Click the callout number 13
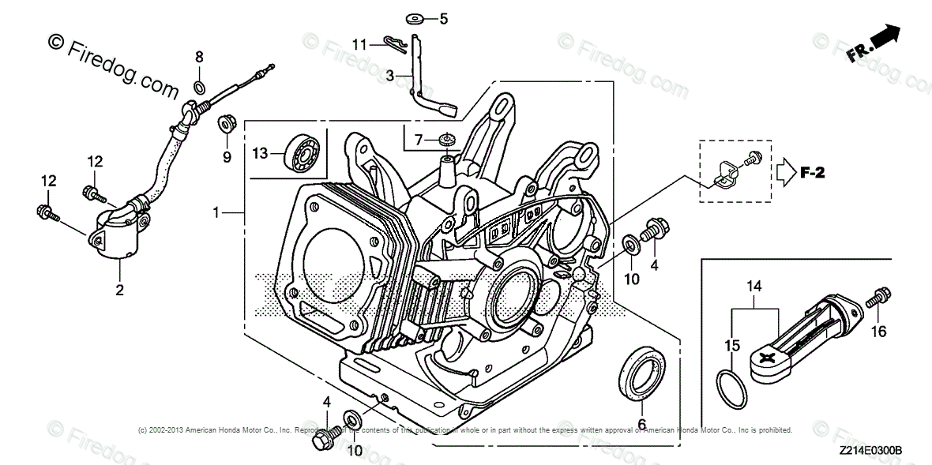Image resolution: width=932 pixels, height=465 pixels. coord(261,152)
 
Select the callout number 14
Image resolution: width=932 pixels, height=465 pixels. coord(754,287)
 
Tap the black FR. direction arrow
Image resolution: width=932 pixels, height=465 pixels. coord(887,35)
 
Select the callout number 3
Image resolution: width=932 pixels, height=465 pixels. coord(390,76)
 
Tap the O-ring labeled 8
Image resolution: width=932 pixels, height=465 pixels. coord(200,86)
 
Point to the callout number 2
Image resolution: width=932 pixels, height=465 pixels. coord(120,291)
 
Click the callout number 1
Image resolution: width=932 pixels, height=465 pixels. coord(216,212)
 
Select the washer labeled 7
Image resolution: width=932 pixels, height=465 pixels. coord(449,140)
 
